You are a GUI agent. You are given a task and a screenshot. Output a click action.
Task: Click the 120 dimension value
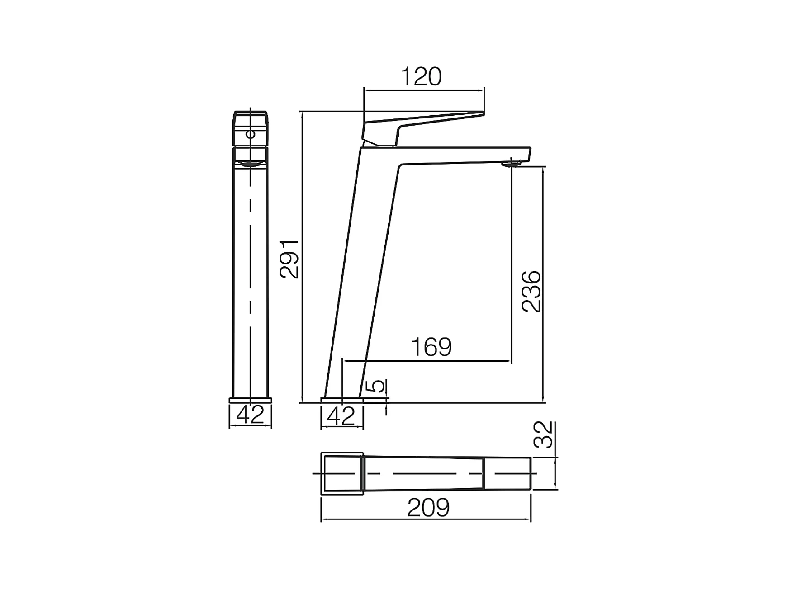click(421, 77)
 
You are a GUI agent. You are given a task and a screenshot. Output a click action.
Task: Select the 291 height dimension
click(289, 259)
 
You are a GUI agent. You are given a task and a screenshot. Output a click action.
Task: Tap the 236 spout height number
click(531, 291)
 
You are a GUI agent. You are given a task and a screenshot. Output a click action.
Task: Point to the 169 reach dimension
click(431, 347)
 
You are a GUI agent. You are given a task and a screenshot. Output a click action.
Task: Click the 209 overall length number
click(428, 508)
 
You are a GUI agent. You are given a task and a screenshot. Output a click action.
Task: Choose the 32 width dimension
click(543, 434)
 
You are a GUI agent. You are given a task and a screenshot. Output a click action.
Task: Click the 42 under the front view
click(250, 415)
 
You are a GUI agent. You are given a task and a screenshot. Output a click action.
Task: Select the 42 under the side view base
click(341, 416)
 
